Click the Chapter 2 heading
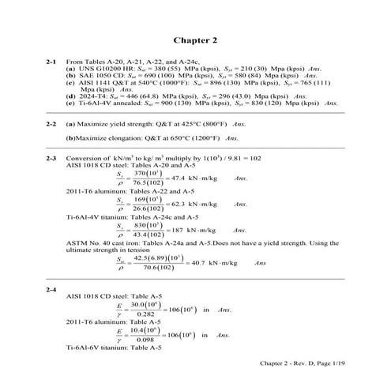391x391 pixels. [194, 39]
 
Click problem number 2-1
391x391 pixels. [51, 60]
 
